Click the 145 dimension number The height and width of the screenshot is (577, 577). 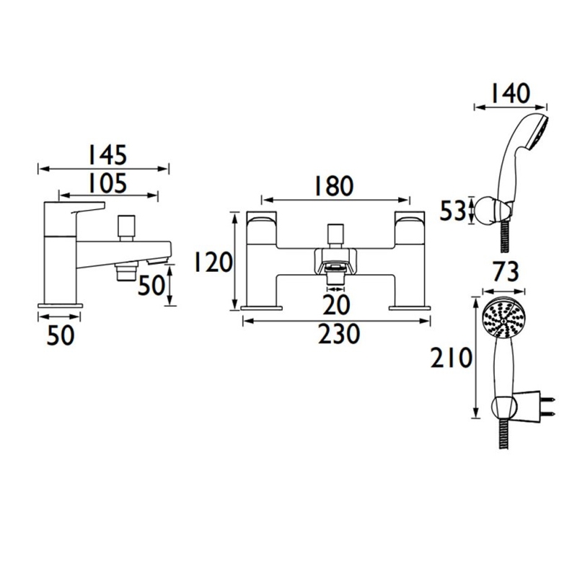coord(107,155)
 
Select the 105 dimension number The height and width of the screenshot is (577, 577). coord(107,183)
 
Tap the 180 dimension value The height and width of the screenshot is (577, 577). coord(333,186)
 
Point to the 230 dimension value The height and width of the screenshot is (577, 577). coord(338,334)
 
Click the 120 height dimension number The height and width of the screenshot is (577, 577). coord(213,262)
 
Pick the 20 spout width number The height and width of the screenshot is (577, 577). coord(336,304)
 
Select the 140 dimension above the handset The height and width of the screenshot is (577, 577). coord(510,94)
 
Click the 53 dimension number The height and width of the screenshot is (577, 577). coord(453,211)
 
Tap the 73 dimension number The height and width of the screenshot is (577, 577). coord(506,272)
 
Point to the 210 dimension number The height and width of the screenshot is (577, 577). coord(452,358)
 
